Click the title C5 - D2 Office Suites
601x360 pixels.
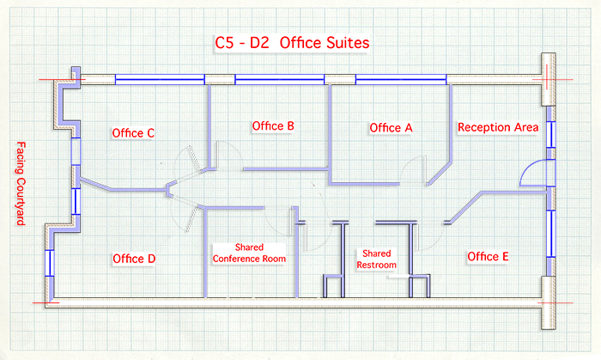(x=292, y=43)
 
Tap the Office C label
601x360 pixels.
(x=133, y=133)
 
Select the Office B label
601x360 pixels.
(x=273, y=125)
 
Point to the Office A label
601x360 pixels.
(x=391, y=128)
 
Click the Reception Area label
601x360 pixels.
(x=498, y=127)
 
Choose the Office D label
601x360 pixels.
(x=134, y=259)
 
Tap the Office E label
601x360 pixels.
(x=488, y=257)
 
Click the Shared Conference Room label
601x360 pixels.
(x=249, y=253)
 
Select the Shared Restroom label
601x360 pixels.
(x=376, y=259)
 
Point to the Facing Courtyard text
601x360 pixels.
(x=21, y=183)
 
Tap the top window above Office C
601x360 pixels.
(x=160, y=79)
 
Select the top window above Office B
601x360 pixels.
(x=280, y=79)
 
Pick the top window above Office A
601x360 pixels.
(x=401, y=79)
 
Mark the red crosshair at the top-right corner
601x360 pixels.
(x=547, y=79)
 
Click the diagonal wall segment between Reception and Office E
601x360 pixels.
(x=465, y=207)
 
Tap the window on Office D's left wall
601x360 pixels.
(x=50, y=263)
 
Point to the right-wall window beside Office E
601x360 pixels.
(x=551, y=234)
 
